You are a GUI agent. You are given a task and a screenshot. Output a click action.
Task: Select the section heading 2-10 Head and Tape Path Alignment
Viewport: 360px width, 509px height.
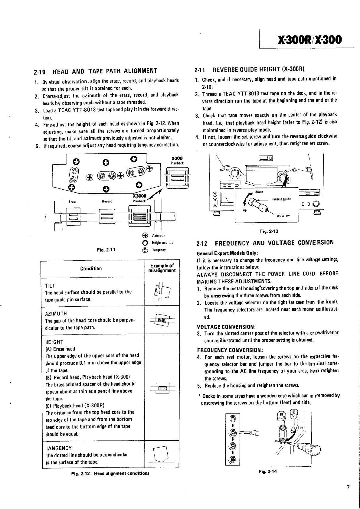coord(95,71)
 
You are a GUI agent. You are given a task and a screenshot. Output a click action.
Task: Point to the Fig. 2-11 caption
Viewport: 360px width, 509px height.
coord(106,250)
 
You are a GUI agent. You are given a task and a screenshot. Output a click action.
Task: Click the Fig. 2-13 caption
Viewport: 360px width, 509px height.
coord(269,231)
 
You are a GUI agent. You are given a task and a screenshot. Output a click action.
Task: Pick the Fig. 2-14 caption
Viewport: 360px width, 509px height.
coord(268,471)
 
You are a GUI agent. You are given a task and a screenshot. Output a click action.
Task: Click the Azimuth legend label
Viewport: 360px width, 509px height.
coord(158,235)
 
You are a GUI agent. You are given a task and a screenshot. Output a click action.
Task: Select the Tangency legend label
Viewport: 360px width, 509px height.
coord(159,250)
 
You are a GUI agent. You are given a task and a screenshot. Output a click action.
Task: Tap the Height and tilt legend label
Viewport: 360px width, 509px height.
coord(162,243)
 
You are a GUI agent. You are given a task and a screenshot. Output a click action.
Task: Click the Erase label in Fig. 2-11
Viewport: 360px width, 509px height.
coord(73,201)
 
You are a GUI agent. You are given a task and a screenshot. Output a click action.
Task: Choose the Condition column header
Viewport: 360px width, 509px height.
coord(91,268)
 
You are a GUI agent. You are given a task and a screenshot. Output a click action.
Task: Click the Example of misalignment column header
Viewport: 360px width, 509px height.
coord(162,268)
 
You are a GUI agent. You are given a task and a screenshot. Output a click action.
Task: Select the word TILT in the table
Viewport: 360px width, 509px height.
coord(50,285)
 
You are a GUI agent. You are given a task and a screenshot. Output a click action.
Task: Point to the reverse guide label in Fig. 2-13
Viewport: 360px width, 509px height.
coord(281,199)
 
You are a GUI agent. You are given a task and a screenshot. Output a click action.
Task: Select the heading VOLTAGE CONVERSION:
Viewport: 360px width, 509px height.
coord(227,327)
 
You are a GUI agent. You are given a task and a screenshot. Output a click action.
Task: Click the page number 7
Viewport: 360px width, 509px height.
coord(348,487)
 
